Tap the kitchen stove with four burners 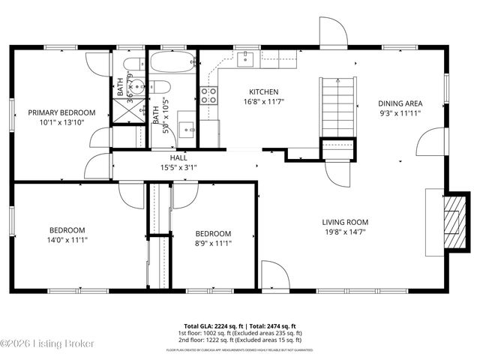click(x=208, y=95)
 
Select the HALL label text click(x=178, y=158)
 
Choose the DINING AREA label click(x=400, y=103)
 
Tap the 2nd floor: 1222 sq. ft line click(x=240, y=340)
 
